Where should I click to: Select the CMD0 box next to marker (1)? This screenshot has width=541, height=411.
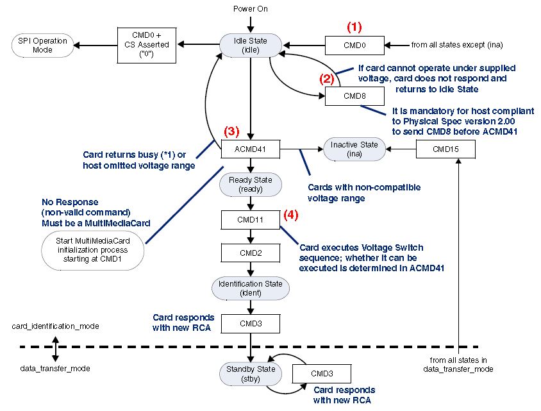tap(354, 45)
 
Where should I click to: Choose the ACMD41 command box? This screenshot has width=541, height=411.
tap(251, 151)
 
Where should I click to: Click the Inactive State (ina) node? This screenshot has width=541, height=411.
tap(354, 149)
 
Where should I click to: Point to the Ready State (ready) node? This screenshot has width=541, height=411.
tap(251, 185)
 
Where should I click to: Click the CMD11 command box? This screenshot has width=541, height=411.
tap(251, 219)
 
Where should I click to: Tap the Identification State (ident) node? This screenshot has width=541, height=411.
tap(251, 288)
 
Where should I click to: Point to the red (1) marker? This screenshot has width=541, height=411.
tap(354, 27)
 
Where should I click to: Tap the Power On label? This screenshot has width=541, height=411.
tap(251, 9)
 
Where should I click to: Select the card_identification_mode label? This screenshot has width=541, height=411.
tap(56, 326)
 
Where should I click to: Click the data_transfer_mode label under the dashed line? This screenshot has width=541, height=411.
tap(56, 369)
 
